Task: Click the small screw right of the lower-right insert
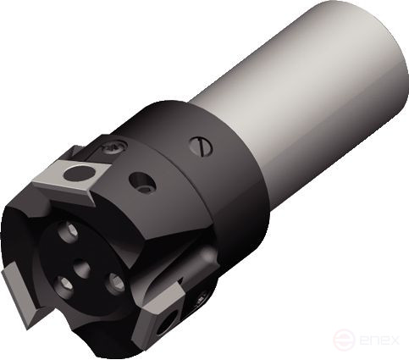click(x=202, y=298)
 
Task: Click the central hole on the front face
click(x=83, y=271)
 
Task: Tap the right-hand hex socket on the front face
click(x=115, y=284)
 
